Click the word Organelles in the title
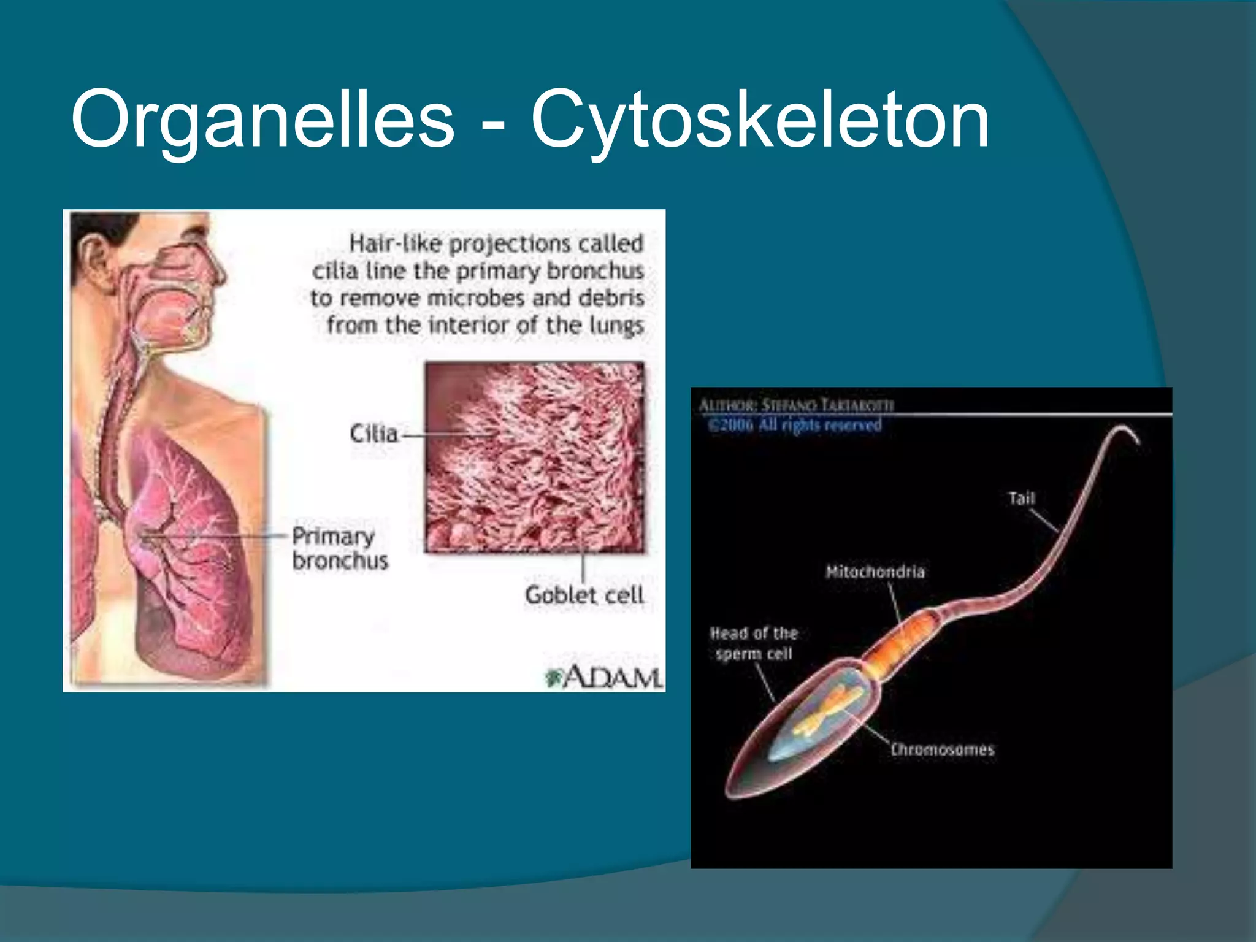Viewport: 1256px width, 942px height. (x=262, y=120)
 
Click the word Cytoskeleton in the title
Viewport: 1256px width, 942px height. (x=760, y=120)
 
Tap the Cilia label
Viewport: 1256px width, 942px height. (x=373, y=434)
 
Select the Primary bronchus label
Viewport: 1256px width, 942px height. (x=340, y=548)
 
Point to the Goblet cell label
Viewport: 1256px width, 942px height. (x=584, y=595)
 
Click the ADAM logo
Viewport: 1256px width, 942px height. (x=604, y=676)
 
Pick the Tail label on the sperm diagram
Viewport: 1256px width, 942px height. (x=1022, y=498)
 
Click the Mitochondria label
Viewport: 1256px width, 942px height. (x=875, y=572)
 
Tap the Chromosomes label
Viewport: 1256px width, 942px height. (x=942, y=749)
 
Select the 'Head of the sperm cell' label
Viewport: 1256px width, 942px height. (x=754, y=643)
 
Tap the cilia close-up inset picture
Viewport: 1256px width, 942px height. (x=535, y=457)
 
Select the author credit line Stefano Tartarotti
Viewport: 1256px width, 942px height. (x=796, y=405)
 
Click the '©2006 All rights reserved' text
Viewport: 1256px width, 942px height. (x=795, y=425)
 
